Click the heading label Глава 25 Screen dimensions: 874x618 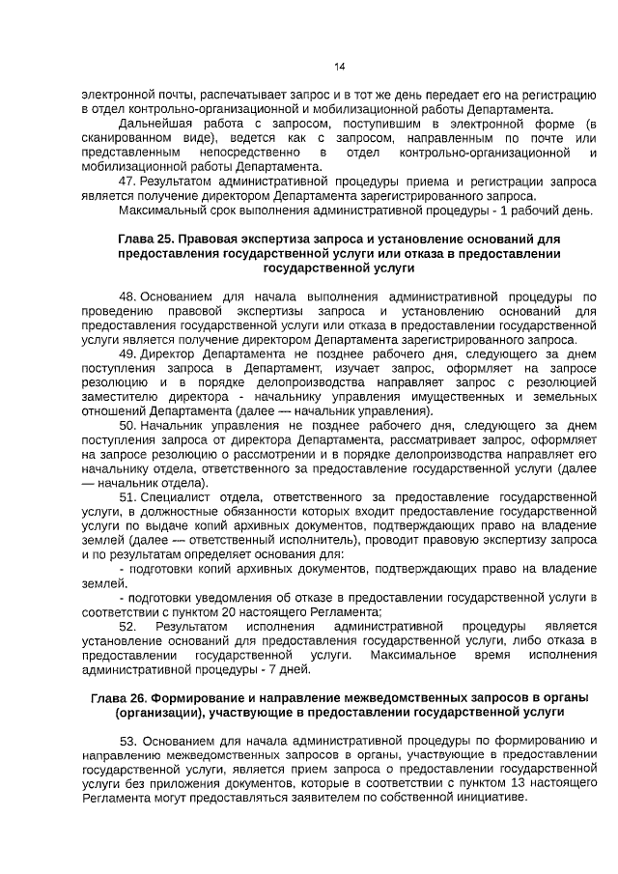[x=146, y=238]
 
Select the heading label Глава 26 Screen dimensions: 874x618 [x=120, y=698]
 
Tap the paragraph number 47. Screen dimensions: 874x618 [x=126, y=181]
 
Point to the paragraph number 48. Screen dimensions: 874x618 [x=127, y=295]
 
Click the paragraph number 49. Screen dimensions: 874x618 [x=127, y=354]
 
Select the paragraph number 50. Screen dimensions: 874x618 [x=127, y=425]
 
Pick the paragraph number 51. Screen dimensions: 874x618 [x=127, y=496]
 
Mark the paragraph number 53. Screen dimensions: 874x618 [x=129, y=741]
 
